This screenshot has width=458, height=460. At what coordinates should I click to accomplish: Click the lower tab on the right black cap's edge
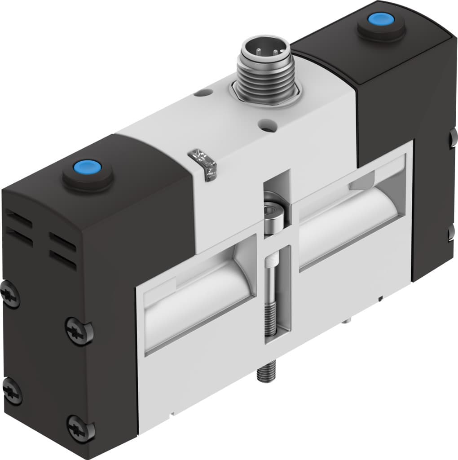click(452, 233)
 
